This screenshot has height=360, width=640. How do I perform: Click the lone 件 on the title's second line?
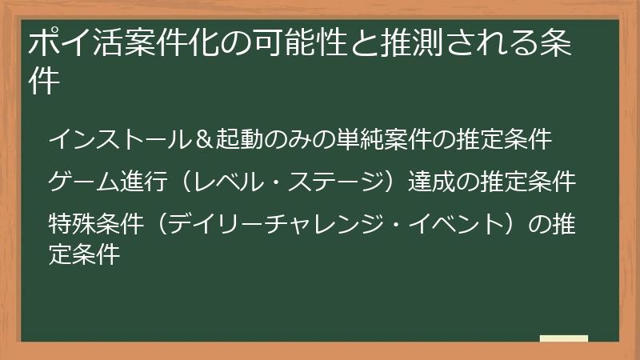click(x=45, y=81)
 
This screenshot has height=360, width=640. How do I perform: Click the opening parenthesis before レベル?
click(x=183, y=182)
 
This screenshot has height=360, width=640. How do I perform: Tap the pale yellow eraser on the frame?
click(x=563, y=339)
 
